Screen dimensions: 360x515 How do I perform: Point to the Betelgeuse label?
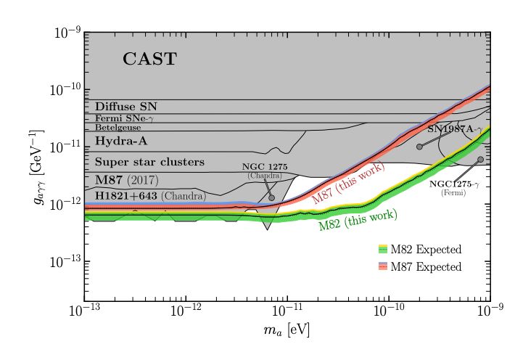coord(118,127)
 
